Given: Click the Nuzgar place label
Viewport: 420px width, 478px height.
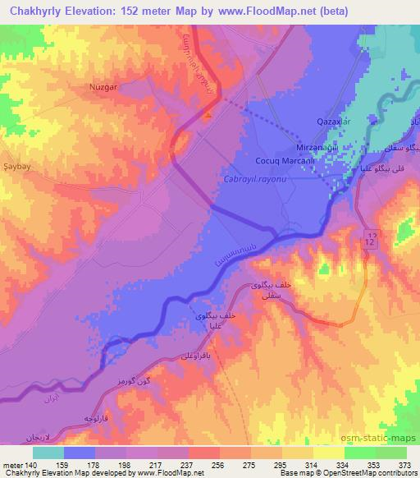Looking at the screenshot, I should click(104, 85).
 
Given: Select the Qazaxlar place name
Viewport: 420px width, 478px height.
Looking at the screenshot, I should click(334, 122).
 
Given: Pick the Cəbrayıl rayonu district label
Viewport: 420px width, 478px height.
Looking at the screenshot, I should click(256, 178).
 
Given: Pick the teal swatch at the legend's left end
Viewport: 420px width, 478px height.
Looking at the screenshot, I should click(48, 452).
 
